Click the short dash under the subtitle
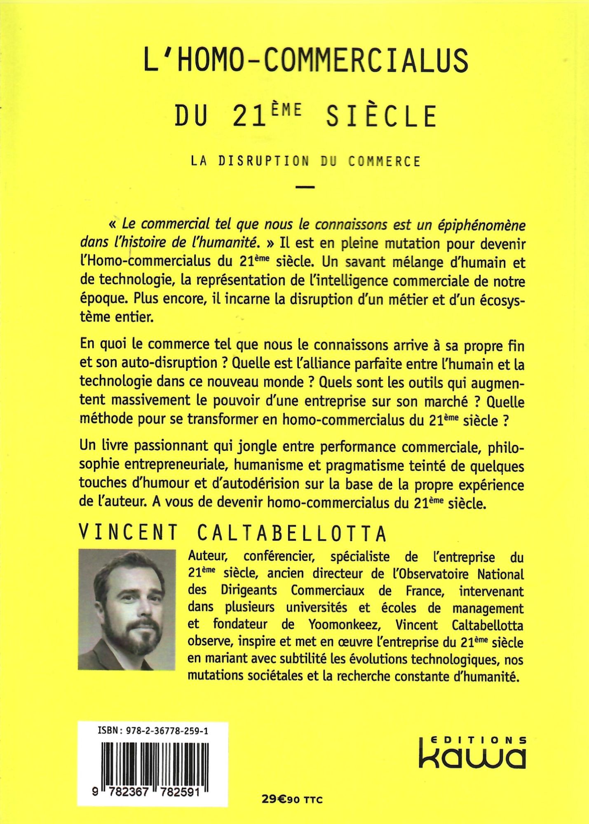[x=305, y=187]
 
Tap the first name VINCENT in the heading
[x=128, y=534]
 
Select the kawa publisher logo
[x=472, y=756]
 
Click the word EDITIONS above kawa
[x=477, y=739]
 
